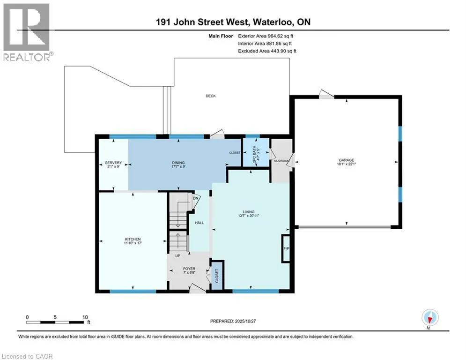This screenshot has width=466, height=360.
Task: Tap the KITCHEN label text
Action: pos(133,239)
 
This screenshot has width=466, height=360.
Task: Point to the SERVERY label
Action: pos(113,163)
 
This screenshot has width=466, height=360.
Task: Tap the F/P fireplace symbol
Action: pos(285,247)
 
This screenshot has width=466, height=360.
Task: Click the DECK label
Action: pos(211,96)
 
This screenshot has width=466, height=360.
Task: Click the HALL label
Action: pos(199,223)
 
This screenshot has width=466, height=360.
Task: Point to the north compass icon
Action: pos(429,318)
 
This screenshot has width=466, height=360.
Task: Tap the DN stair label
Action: pos(195,198)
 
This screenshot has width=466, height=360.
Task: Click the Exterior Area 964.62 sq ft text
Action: pos(267,36)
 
